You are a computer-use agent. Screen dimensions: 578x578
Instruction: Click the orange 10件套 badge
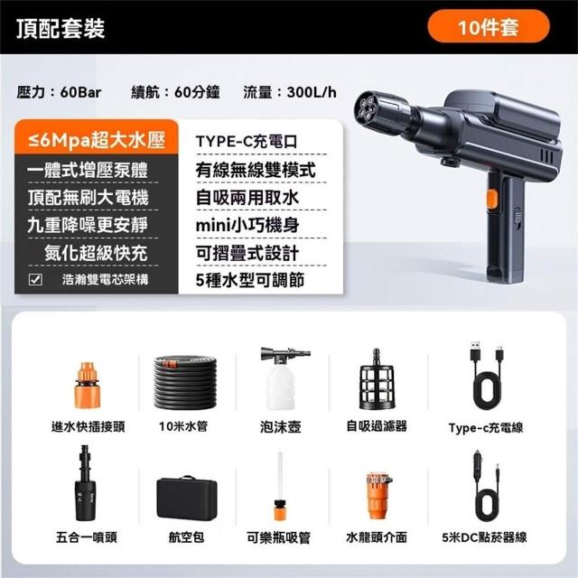(488, 26)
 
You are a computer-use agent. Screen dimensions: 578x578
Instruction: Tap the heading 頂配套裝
(61, 28)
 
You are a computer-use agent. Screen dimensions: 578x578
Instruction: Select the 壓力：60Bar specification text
(59, 92)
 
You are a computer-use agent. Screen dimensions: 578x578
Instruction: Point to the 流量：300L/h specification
(290, 92)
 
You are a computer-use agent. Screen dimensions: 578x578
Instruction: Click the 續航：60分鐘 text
(175, 92)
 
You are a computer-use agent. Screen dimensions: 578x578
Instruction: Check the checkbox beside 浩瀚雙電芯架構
(35, 279)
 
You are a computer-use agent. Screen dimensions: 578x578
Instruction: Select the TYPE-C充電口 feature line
(247, 142)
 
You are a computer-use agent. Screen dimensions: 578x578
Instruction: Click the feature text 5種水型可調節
(250, 280)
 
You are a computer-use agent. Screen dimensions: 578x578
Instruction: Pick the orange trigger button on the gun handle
(492, 200)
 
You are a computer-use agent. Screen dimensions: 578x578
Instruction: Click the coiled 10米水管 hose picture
(185, 381)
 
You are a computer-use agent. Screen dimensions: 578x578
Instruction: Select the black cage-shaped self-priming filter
(377, 379)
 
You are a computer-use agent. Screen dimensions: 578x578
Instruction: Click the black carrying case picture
(187, 498)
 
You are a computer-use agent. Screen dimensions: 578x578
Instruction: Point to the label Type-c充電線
(486, 427)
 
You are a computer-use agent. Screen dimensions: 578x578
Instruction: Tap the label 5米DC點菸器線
(484, 537)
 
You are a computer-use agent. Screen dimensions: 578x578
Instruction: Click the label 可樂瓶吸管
(278, 538)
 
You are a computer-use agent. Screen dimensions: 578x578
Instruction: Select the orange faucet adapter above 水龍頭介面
(378, 496)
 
